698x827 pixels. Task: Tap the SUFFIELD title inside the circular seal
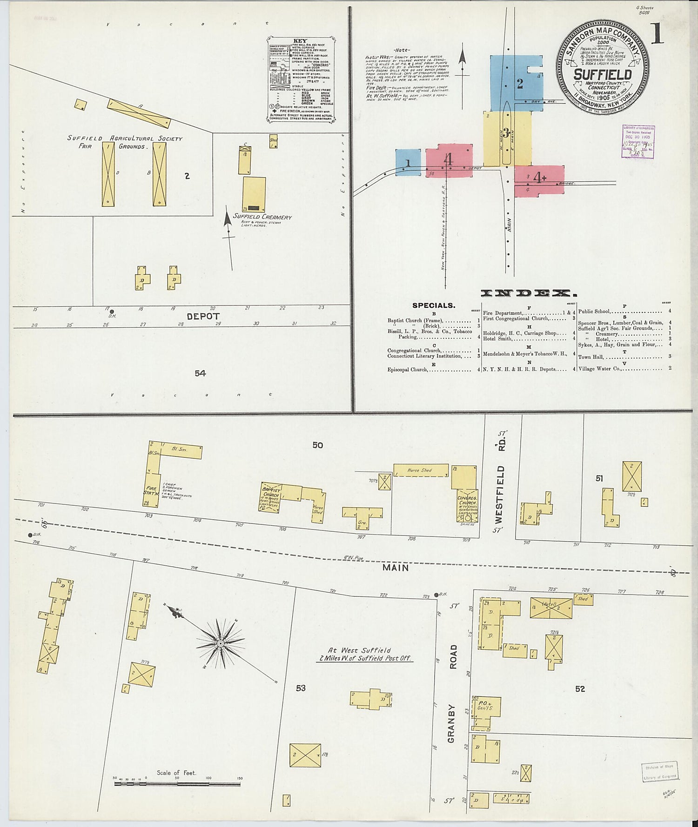[x=603, y=75]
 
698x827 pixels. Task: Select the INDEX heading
[x=529, y=293]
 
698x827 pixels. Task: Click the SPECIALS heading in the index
[x=433, y=305]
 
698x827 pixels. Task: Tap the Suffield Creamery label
[x=262, y=217]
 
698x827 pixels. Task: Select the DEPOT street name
[x=203, y=316]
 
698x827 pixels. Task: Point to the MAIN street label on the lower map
[x=396, y=567]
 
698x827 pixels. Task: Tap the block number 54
[x=200, y=373]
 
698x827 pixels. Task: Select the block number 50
[x=317, y=445]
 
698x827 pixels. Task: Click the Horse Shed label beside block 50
[x=419, y=470]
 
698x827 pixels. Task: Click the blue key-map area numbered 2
[x=517, y=84]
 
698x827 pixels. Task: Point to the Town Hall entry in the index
[x=591, y=357]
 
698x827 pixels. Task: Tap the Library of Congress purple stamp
[x=638, y=141]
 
